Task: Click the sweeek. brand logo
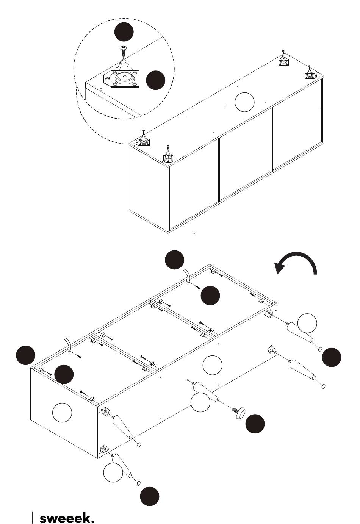click(x=67, y=518)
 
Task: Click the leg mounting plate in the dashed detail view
click(x=121, y=79)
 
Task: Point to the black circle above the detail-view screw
click(x=124, y=32)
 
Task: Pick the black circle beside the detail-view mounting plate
click(x=155, y=80)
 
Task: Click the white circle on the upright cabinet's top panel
click(x=244, y=102)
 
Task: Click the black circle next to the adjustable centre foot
click(x=255, y=424)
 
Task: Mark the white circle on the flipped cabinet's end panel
click(x=62, y=413)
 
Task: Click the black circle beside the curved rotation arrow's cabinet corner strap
click(x=174, y=260)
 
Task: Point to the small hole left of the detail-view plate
click(x=100, y=89)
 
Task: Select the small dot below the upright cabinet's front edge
click(x=194, y=233)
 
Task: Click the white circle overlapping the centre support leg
click(x=200, y=402)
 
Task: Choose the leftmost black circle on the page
click(x=26, y=355)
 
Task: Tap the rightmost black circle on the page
click(x=332, y=357)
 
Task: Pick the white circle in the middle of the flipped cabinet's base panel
click(x=212, y=365)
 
